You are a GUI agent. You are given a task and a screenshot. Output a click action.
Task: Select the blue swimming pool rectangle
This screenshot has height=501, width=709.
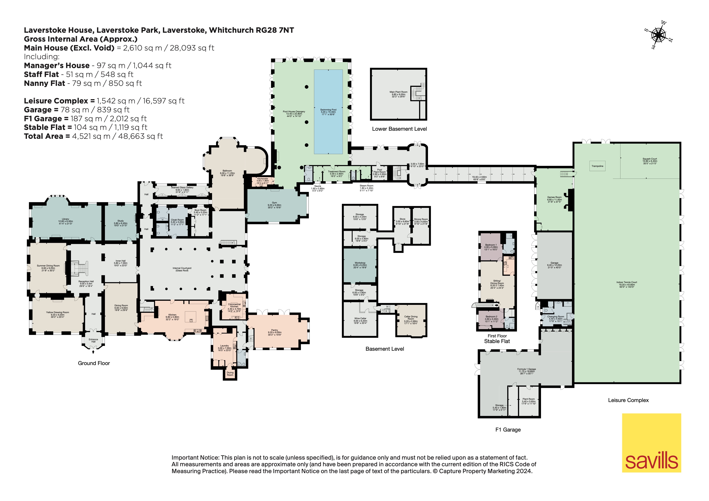pyautogui.click(x=328, y=112)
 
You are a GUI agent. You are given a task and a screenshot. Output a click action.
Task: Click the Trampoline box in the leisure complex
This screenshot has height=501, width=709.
pyautogui.click(x=597, y=166)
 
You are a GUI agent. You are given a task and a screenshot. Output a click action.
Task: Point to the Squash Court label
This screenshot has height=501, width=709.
pyautogui.click(x=650, y=161)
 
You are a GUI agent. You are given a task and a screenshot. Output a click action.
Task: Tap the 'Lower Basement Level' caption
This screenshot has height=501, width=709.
pyautogui.click(x=399, y=129)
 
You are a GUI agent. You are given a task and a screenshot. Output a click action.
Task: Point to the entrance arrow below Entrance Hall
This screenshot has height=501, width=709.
pyautogui.click(x=93, y=351)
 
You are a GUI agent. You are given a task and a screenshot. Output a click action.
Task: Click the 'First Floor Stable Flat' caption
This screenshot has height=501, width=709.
pyautogui.click(x=497, y=338)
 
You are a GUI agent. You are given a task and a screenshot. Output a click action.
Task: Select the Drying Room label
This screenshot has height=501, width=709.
pyautogui.click(x=230, y=374)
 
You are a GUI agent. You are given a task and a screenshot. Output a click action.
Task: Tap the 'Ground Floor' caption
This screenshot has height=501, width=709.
pyautogui.click(x=94, y=363)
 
